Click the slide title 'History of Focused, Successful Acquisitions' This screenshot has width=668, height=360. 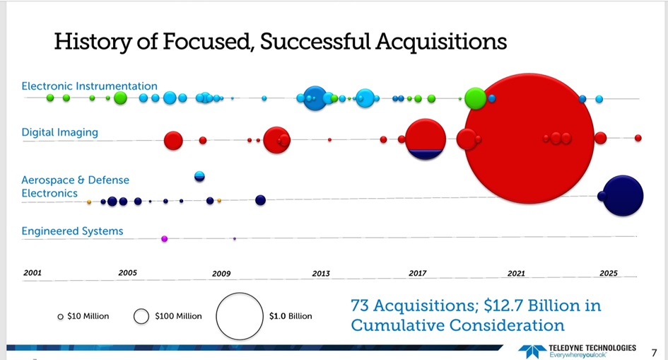click(x=280, y=42)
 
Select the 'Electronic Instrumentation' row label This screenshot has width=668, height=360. click(x=89, y=86)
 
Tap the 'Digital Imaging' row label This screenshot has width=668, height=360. click(x=59, y=132)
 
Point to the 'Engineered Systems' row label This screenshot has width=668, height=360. click(x=72, y=231)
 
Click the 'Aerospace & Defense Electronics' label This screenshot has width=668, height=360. click(x=75, y=186)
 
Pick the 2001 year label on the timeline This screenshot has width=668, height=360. click(x=33, y=272)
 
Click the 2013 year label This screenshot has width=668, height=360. click(x=321, y=273)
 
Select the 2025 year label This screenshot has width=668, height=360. click(x=608, y=273)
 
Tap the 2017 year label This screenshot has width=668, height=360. click(x=417, y=273)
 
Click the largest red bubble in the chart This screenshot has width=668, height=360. click(x=529, y=138)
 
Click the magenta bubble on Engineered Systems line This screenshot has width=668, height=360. click(x=165, y=239)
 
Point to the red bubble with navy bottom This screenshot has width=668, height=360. click(x=426, y=139)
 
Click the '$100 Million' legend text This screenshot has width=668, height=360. click(x=178, y=316)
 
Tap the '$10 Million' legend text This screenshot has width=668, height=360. click(x=88, y=316)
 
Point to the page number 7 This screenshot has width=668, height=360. click(x=653, y=351)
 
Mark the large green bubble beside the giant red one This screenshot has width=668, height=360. click(x=475, y=98)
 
